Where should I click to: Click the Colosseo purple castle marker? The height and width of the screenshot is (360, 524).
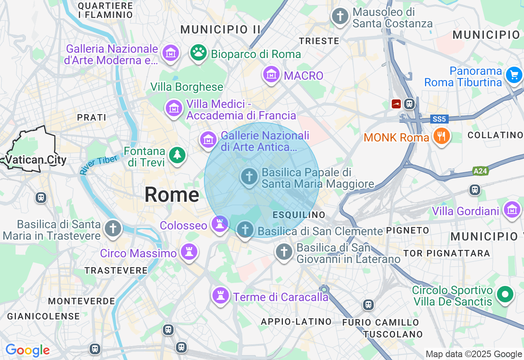220,224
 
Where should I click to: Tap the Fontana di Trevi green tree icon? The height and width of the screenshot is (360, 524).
177,155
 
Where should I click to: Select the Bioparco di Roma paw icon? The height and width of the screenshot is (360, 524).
199,52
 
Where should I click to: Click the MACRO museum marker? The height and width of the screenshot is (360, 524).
271,74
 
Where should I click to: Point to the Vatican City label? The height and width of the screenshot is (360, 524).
36,160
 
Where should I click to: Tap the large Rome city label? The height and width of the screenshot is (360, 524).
172,195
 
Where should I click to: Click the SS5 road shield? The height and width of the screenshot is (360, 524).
440,119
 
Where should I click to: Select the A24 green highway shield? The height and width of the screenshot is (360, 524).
480,171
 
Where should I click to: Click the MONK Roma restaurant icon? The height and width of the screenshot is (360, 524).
441,136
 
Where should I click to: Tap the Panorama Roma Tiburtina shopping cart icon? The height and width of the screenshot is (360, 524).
514,75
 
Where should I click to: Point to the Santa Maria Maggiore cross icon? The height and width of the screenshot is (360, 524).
249,177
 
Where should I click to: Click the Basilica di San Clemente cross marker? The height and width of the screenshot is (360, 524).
245,229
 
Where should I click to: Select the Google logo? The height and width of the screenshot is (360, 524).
28,350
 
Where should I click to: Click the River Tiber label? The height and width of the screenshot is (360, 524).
99,164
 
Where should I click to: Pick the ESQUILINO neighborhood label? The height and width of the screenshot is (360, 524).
299,215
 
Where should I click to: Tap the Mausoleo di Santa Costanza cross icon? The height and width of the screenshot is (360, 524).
340,17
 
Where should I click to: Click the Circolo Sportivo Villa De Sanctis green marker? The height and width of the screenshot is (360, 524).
505,294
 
